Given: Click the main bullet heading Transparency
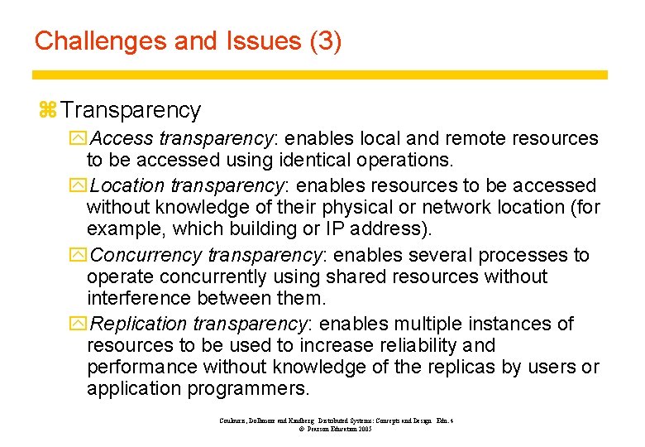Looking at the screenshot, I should (x=131, y=110).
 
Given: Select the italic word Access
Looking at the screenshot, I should (x=122, y=138).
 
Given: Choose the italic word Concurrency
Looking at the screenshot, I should (x=147, y=255).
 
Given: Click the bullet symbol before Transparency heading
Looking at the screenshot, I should (x=46, y=111).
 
